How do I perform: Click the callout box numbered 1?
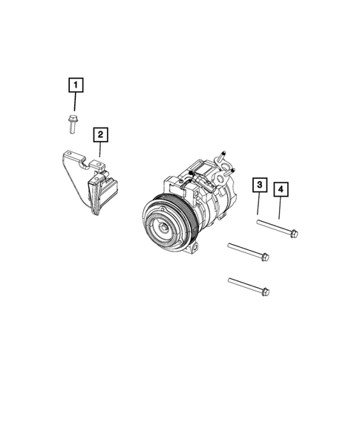click(76, 85)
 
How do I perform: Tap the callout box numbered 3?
click(259, 185)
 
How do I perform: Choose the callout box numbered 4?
click(281, 191)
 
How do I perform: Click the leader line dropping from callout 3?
click(259, 203)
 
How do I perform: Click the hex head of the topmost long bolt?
click(293, 234)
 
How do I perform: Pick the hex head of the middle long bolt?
click(265, 257)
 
